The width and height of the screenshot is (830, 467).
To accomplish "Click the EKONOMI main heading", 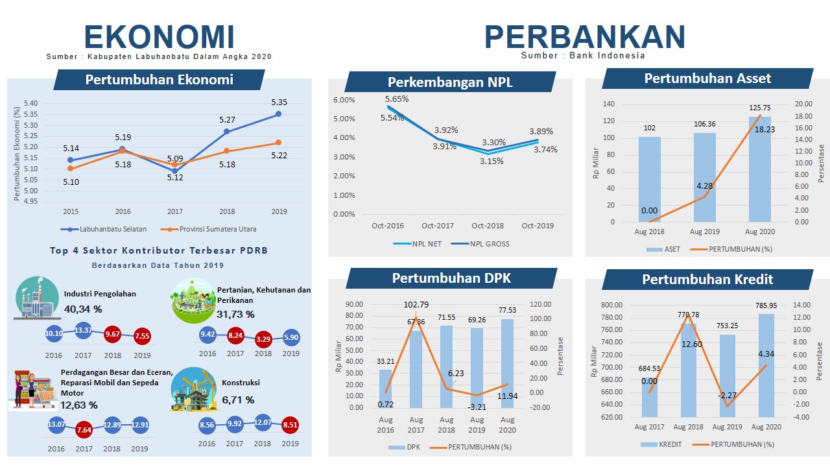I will [x=159, y=37].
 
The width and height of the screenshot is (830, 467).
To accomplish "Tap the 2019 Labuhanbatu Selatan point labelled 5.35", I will [x=278, y=114].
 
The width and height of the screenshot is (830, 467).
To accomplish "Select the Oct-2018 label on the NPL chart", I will [x=488, y=226].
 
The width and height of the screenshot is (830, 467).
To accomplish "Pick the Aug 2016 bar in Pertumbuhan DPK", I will [x=386, y=389].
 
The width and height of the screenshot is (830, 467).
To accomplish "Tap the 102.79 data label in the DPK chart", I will [x=416, y=305].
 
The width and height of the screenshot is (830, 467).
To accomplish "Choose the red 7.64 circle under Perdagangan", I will [x=84, y=430].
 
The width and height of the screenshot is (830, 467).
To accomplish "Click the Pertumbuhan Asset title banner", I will [x=707, y=78].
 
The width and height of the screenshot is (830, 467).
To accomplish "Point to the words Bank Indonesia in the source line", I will [x=608, y=56].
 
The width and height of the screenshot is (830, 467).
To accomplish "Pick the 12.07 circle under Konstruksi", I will [x=263, y=424].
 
